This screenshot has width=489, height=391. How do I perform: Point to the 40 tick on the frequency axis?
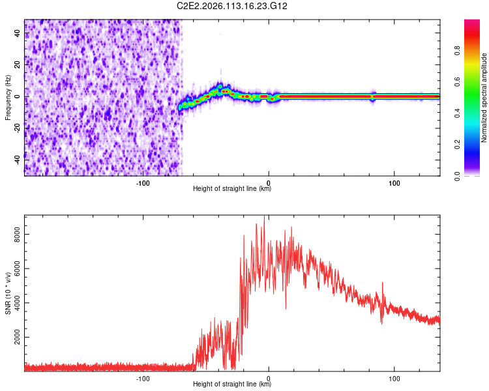tap(18, 35)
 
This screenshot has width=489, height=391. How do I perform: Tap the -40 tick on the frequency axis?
tap(18, 157)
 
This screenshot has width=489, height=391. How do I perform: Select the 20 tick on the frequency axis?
tap(18, 65)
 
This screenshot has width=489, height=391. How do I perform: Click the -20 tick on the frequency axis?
tap(18, 126)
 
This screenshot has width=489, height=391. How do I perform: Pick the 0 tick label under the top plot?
tap(269, 183)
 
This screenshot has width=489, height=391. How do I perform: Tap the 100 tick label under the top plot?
tap(394, 183)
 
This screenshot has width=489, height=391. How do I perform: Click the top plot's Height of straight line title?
tap(232, 189)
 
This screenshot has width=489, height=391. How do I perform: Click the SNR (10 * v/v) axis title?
tap(8, 293)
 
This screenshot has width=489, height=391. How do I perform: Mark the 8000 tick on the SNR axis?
tap(15, 233)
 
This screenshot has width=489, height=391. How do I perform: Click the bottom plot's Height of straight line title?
tap(232, 384)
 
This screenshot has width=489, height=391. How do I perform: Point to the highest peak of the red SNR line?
tap(264, 216)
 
